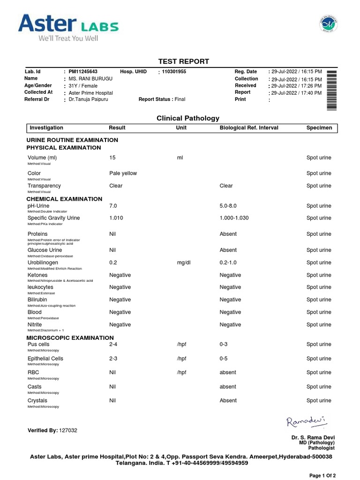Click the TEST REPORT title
click(x=183, y=61)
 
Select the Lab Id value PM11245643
click(x=83, y=72)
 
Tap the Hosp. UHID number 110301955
click(x=173, y=72)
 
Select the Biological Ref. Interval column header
click(x=249, y=127)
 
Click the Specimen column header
click(x=319, y=127)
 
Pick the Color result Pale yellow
click(x=123, y=173)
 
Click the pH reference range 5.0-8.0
click(x=229, y=206)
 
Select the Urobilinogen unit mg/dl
click(x=183, y=262)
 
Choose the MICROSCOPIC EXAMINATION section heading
click(x=70, y=337)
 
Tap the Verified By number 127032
click(x=68, y=430)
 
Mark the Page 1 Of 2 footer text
click(x=322, y=475)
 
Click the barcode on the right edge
click(x=331, y=89)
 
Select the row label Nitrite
click(x=35, y=324)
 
